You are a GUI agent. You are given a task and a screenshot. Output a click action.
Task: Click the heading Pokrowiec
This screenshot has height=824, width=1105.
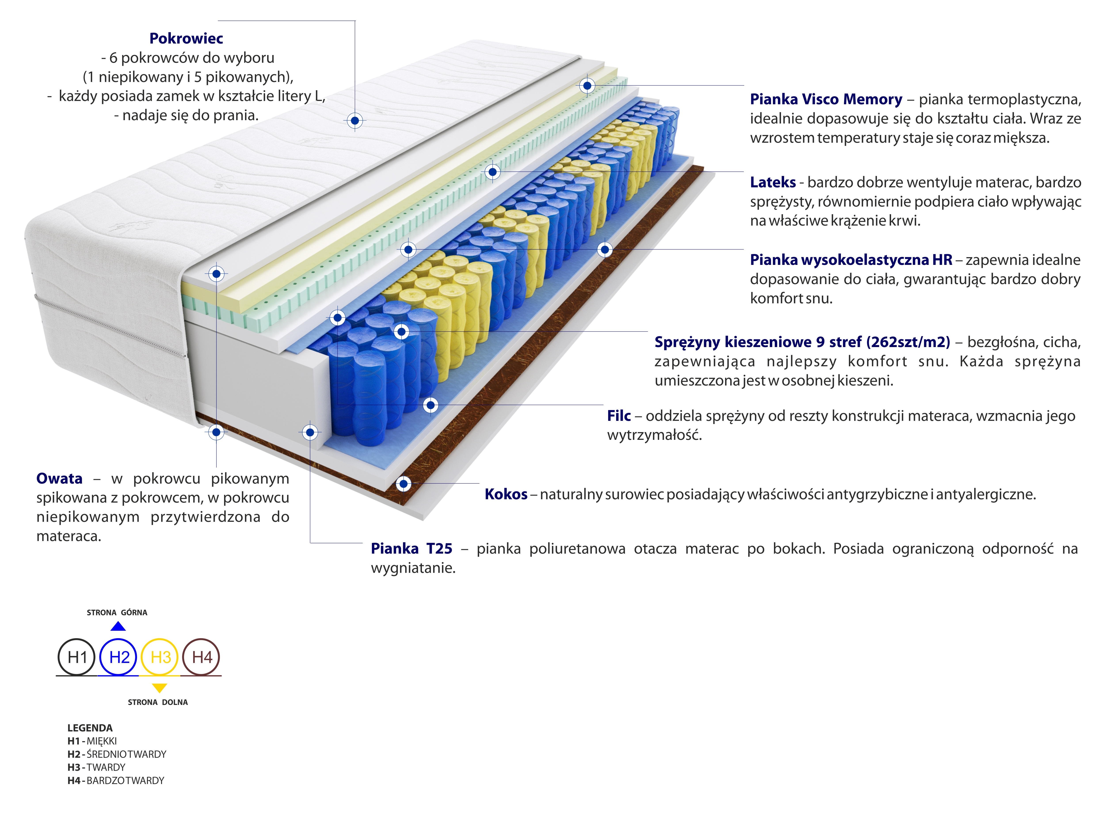pos(186,38)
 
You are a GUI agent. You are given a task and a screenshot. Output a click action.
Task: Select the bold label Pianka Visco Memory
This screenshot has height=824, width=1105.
pos(826,99)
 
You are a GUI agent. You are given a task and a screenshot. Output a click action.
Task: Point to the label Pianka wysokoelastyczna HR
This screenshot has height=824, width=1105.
pos(851,260)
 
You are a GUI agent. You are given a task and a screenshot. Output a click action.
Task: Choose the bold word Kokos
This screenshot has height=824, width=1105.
pos(506,494)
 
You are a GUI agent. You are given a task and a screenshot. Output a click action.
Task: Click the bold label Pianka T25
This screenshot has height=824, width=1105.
pos(411,549)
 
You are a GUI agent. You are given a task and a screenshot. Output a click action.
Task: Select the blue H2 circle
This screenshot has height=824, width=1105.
pos(119,657)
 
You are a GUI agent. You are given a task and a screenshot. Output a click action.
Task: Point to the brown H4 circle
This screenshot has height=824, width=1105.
pos(202,657)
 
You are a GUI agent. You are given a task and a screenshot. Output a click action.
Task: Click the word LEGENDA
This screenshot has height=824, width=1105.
pos(90,728)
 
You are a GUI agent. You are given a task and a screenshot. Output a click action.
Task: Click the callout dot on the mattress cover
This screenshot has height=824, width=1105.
pos(355,121)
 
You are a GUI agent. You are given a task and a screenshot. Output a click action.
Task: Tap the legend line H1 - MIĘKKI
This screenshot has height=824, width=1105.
pos(92,741)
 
